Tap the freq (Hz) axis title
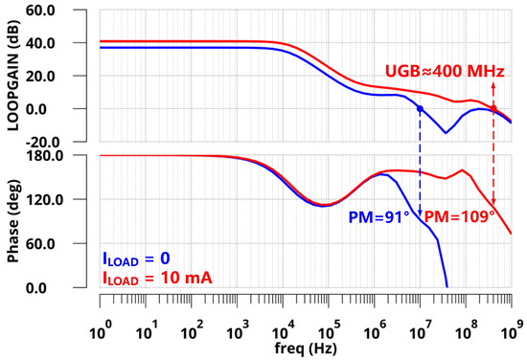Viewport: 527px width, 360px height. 305,347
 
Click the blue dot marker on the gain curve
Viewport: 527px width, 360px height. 419,109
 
